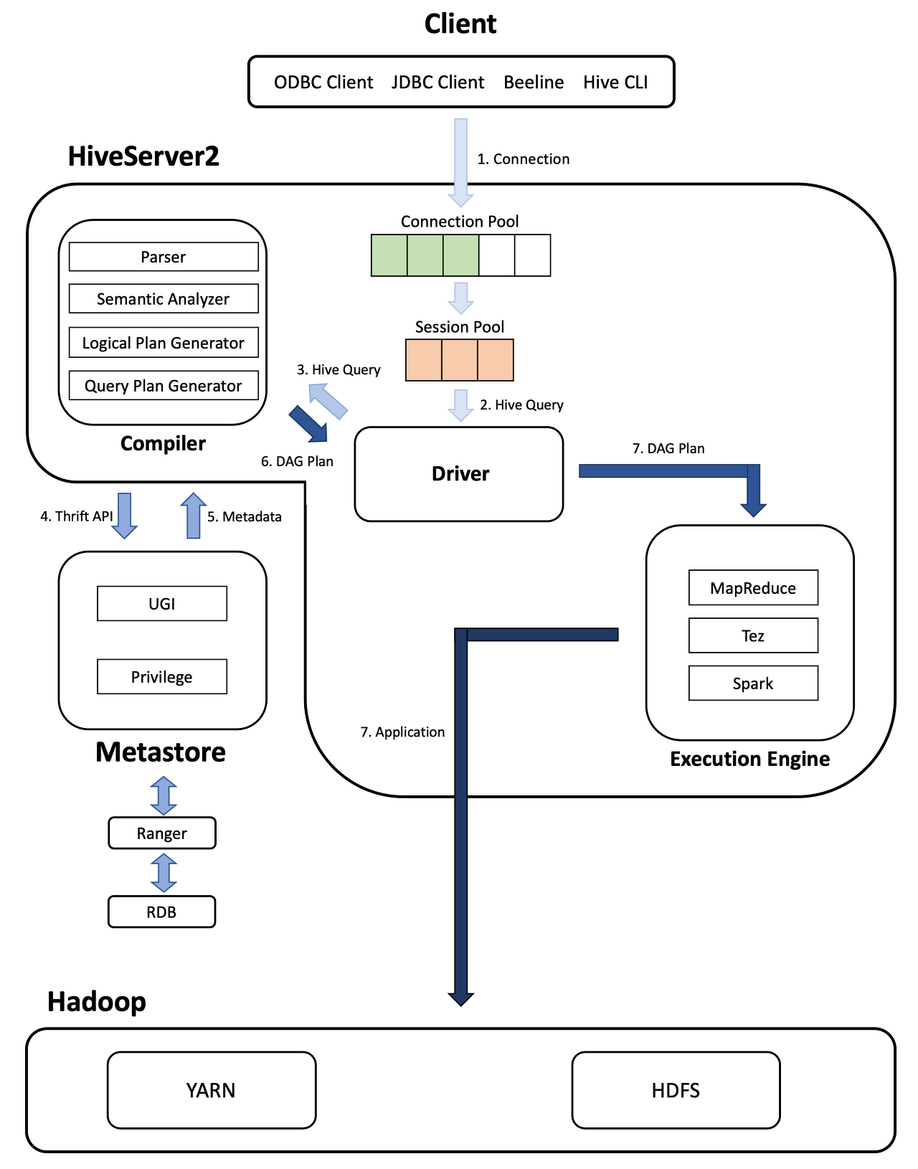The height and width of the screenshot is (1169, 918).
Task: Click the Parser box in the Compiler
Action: click(164, 257)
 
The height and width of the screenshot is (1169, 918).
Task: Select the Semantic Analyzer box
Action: click(164, 298)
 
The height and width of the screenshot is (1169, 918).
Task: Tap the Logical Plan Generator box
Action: click(164, 342)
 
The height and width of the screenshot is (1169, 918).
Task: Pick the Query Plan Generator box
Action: click(164, 385)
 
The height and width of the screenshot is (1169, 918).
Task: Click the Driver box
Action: click(459, 474)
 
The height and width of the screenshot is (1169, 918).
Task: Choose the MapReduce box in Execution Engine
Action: click(753, 587)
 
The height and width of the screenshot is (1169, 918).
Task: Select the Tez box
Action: click(753, 635)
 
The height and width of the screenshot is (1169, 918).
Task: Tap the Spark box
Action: click(753, 683)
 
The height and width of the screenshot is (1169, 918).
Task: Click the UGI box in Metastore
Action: click(162, 603)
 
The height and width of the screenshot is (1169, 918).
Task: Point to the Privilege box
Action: click(162, 676)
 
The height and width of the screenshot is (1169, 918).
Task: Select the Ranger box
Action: click(162, 833)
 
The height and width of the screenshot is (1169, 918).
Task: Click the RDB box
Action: click(162, 912)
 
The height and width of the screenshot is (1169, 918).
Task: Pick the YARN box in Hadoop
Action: click(212, 1090)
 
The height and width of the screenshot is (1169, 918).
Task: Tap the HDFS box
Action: click(676, 1090)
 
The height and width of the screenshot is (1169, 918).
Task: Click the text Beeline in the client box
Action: click(534, 82)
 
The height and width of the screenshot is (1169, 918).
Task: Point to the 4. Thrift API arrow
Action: click(124, 516)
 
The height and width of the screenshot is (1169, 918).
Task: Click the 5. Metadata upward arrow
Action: click(193, 516)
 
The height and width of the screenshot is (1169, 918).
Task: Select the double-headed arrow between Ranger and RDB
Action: click(164, 873)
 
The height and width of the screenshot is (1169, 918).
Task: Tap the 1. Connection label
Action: click(524, 159)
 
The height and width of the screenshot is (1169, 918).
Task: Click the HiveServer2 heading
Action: click(143, 156)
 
